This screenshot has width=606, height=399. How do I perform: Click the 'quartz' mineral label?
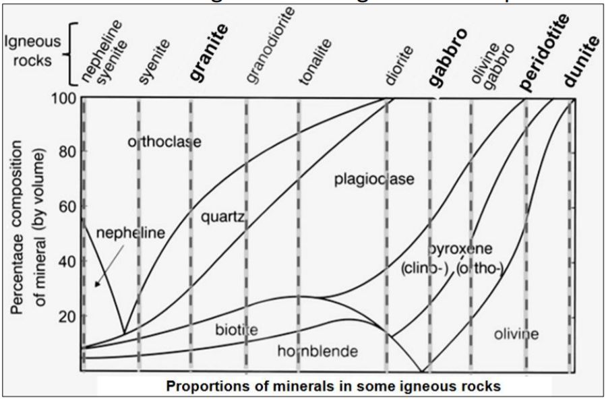pos(222,217)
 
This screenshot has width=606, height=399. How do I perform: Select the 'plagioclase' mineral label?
pos(374,179)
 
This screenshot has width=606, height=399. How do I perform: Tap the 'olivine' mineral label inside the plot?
pos(516,333)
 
